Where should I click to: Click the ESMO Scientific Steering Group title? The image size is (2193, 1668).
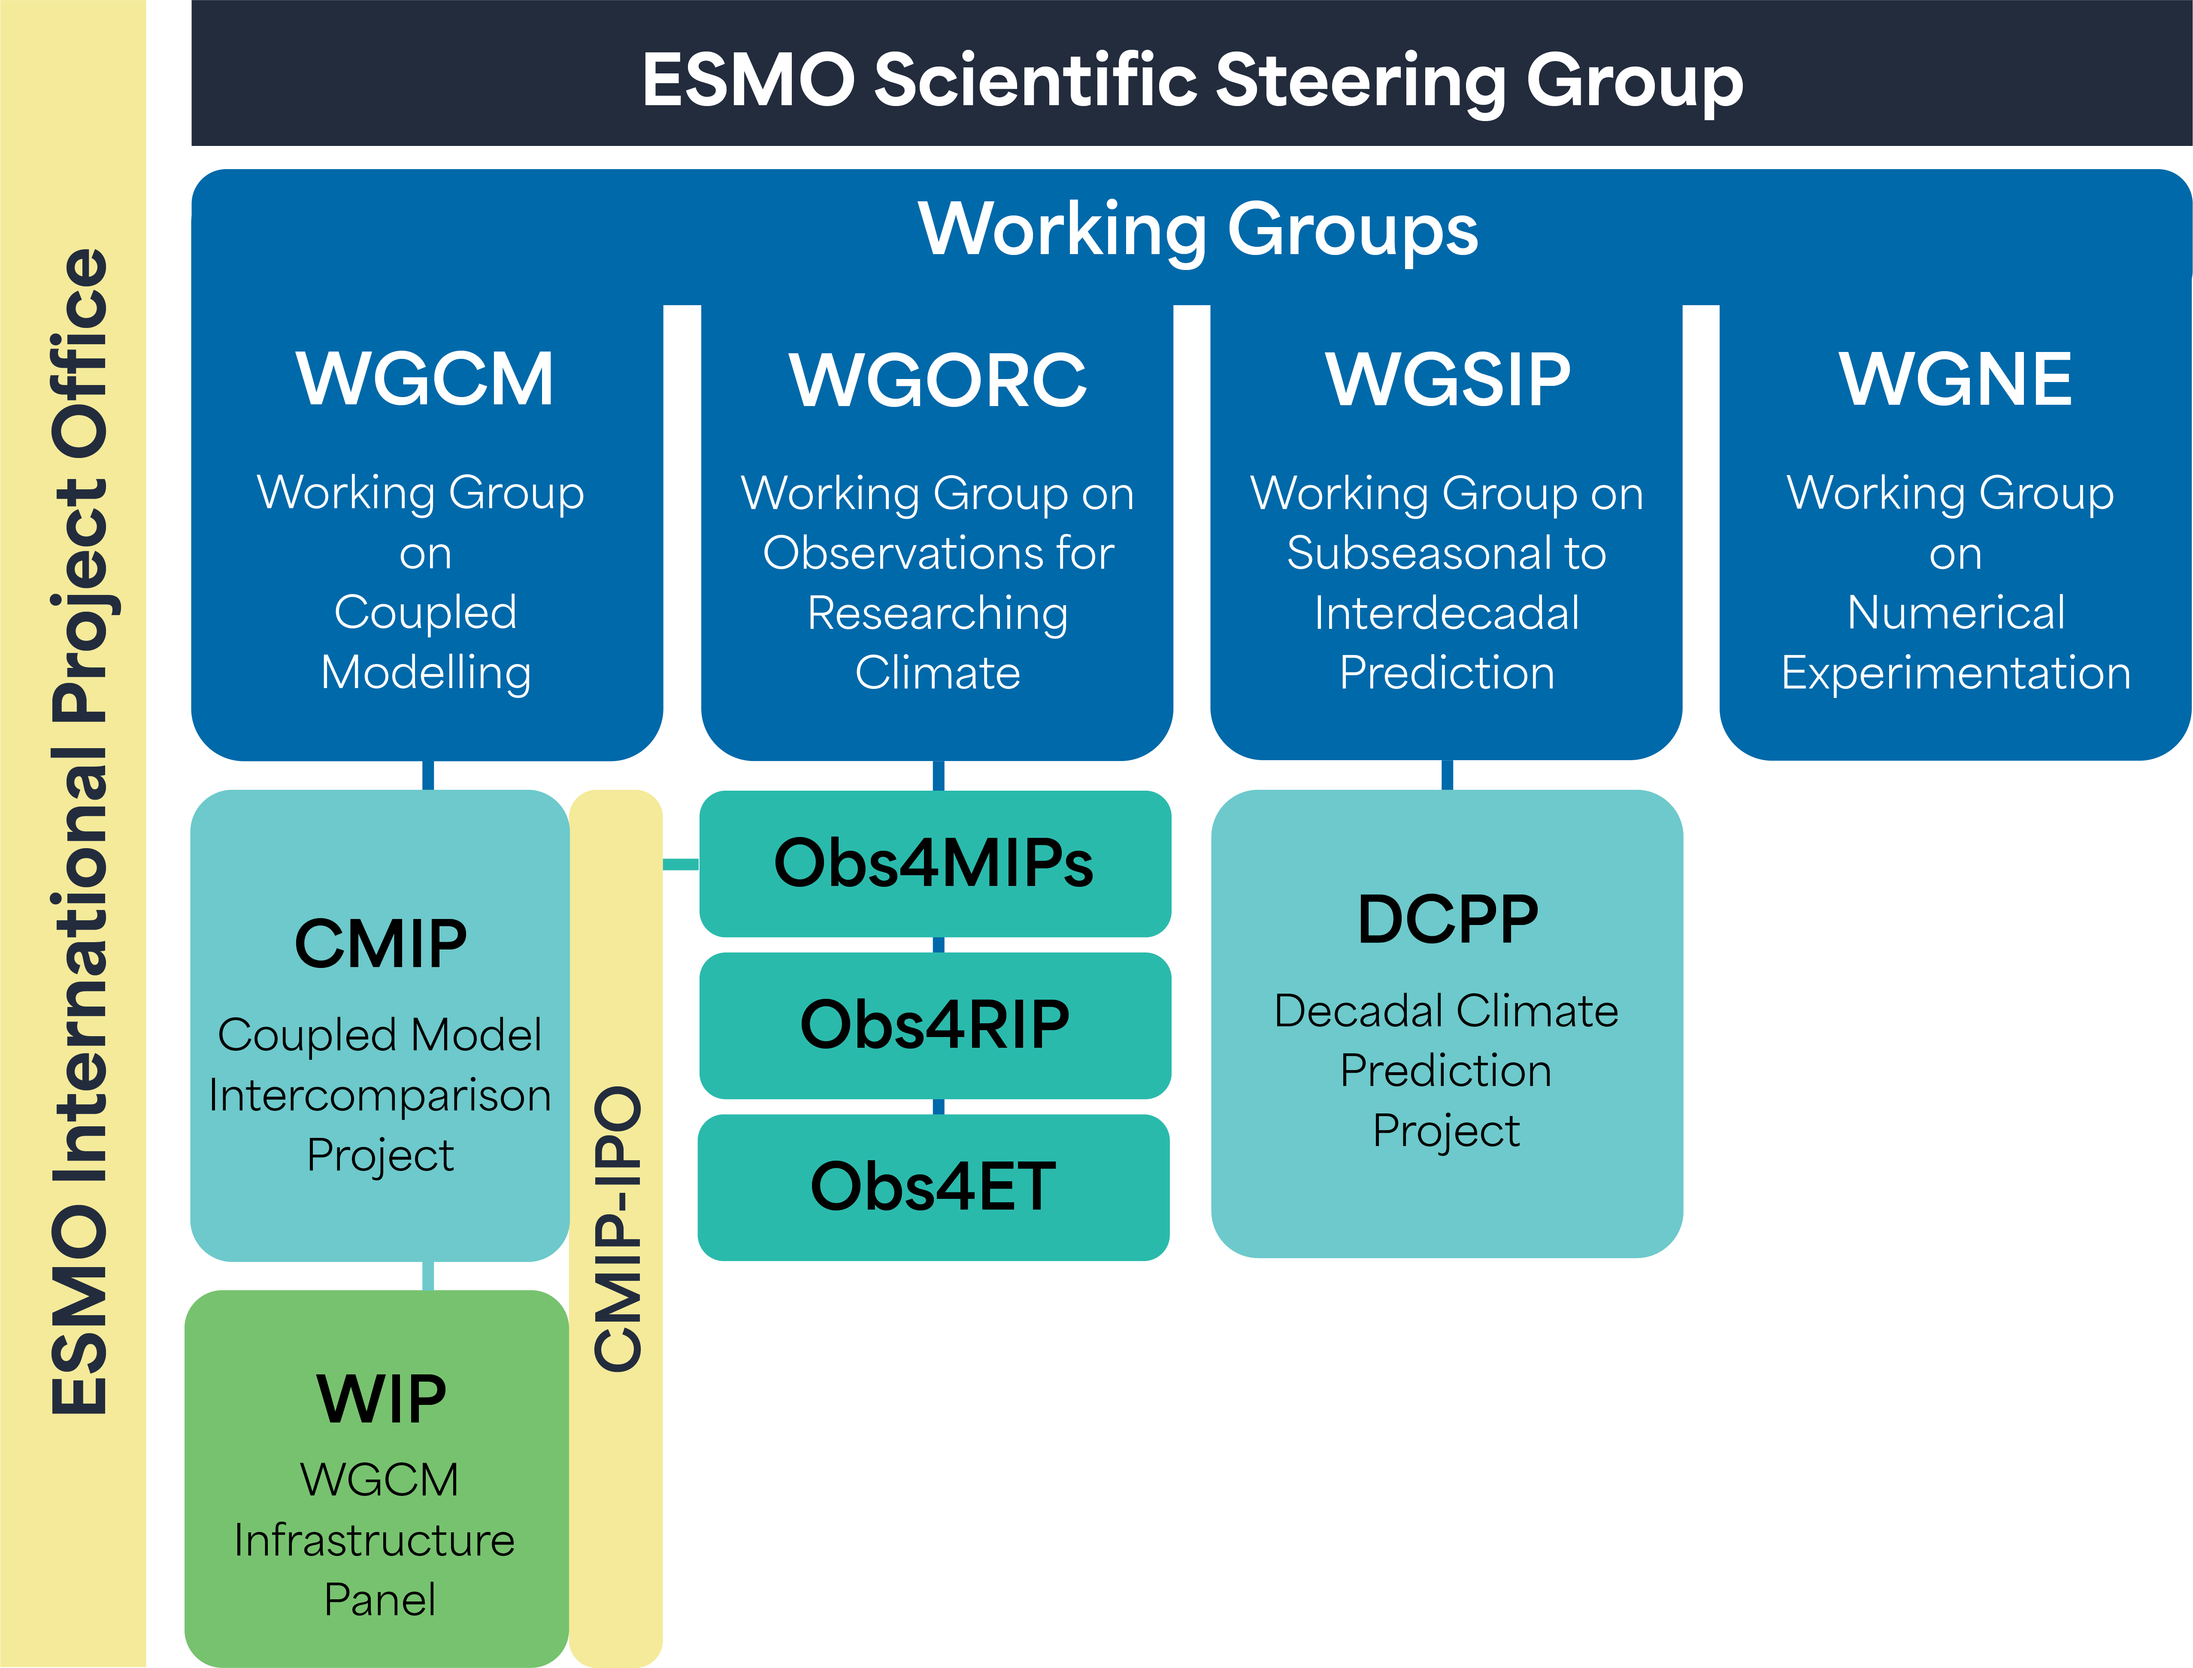(1191, 79)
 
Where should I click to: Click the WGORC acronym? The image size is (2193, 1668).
(937, 380)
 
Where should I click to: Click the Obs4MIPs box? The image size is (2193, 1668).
(934, 863)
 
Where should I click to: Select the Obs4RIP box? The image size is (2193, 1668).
(934, 1025)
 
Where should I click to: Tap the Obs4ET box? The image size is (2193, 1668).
(933, 1186)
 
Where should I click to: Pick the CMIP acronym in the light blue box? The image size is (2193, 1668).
(380, 943)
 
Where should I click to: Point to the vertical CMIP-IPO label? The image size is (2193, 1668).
(617, 1229)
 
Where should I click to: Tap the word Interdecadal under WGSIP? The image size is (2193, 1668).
(1446, 613)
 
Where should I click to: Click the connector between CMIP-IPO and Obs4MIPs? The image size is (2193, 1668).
(681, 864)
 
